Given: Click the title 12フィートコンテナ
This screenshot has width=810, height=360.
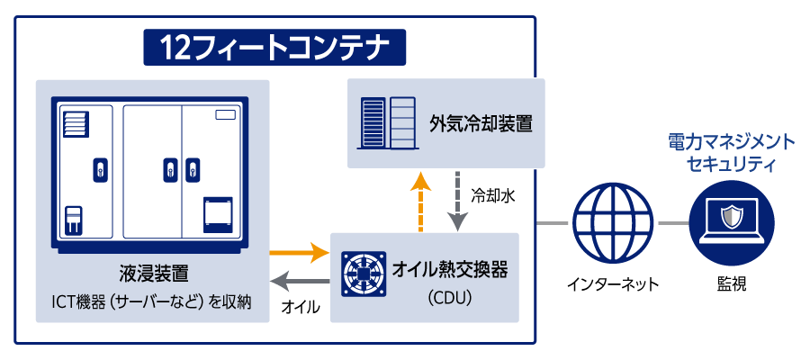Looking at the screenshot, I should click(275, 47).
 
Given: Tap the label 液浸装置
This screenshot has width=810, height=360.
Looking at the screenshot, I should click(153, 272).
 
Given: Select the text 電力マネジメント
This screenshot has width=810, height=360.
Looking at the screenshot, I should click(732, 142).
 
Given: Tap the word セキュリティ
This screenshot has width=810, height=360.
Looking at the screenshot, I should click(732, 165).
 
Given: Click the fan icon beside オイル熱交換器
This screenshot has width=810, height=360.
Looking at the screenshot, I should click(364, 274).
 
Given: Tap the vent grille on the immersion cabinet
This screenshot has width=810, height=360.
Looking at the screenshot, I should click(76, 124).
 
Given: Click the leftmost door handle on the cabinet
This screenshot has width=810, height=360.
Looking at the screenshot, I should click(100, 168).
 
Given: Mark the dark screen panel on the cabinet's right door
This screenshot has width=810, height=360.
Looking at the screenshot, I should click(218, 212).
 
